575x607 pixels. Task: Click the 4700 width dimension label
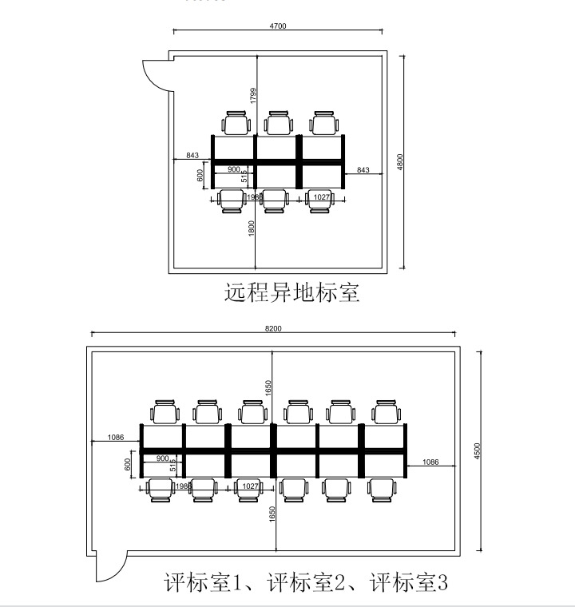[278, 26]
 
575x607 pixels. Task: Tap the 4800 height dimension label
[401, 162]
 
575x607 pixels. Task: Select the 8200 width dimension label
[273, 328]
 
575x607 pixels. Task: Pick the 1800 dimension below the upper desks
[252, 228]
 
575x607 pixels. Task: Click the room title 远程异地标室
[291, 292]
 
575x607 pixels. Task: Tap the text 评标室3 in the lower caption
[408, 582]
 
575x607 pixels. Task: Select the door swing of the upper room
[153, 73]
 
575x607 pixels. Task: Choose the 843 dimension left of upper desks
[192, 155]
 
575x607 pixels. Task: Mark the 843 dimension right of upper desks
[363, 169]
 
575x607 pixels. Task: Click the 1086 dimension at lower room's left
[115, 438]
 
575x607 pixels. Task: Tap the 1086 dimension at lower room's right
[430, 462]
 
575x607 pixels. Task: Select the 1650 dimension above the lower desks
[271, 387]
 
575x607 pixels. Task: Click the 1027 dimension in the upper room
[320, 196]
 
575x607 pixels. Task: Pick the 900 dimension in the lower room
[162, 458]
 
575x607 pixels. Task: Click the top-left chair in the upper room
[236, 124]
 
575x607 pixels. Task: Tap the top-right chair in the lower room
[384, 412]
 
